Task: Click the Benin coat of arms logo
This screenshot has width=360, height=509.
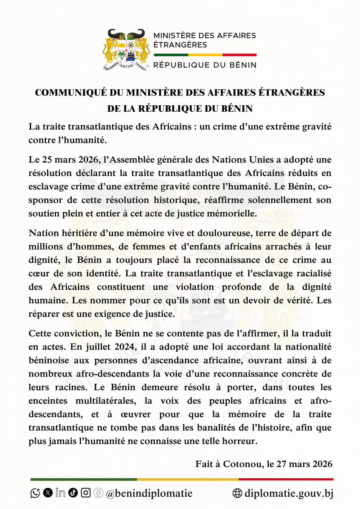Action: (126, 50)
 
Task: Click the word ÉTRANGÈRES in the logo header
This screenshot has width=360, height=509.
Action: (180, 45)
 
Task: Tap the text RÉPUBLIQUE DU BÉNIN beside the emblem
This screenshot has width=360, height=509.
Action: (205, 65)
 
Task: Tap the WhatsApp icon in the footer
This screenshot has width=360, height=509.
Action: (35, 493)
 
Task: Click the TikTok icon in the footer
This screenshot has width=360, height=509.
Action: (73, 493)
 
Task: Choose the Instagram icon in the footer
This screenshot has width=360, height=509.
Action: (85, 493)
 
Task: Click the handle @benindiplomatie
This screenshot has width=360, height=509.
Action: (149, 493)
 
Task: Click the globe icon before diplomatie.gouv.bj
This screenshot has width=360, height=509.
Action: (238, 493)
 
